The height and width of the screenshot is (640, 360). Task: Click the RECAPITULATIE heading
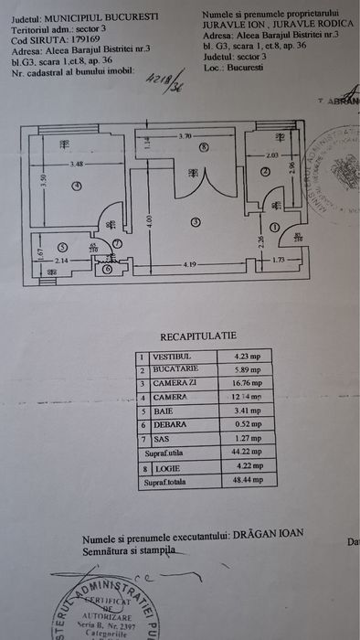tap(198, 335)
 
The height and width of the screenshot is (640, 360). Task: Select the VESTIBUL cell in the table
tap(172, 357)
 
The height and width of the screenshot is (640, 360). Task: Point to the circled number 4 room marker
tap(78, 186)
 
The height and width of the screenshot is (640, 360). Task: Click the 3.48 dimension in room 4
tap(77, 165)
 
